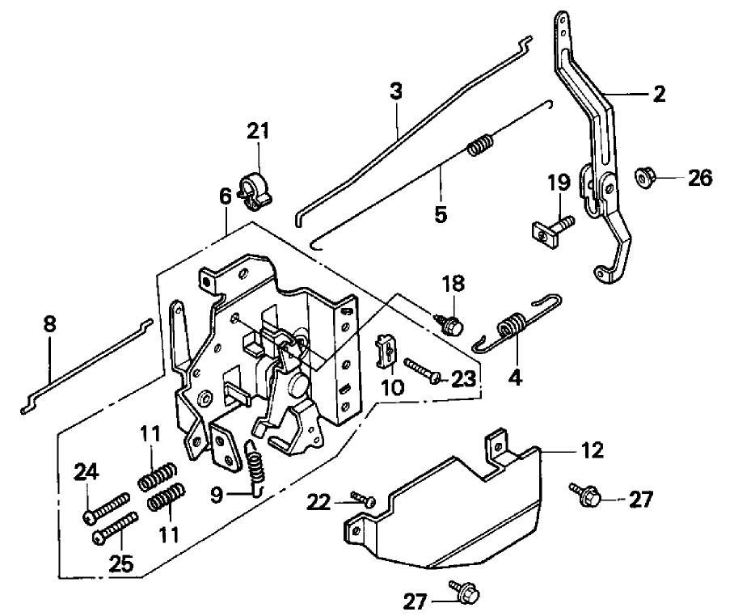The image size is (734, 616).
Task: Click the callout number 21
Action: [x=259, y=131]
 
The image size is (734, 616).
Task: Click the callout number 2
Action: [x=659, y=94]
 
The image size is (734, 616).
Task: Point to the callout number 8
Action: [x=50, y=325]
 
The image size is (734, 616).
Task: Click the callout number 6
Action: [x=226, y=196]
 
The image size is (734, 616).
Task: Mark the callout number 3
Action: [x=395, y=91]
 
